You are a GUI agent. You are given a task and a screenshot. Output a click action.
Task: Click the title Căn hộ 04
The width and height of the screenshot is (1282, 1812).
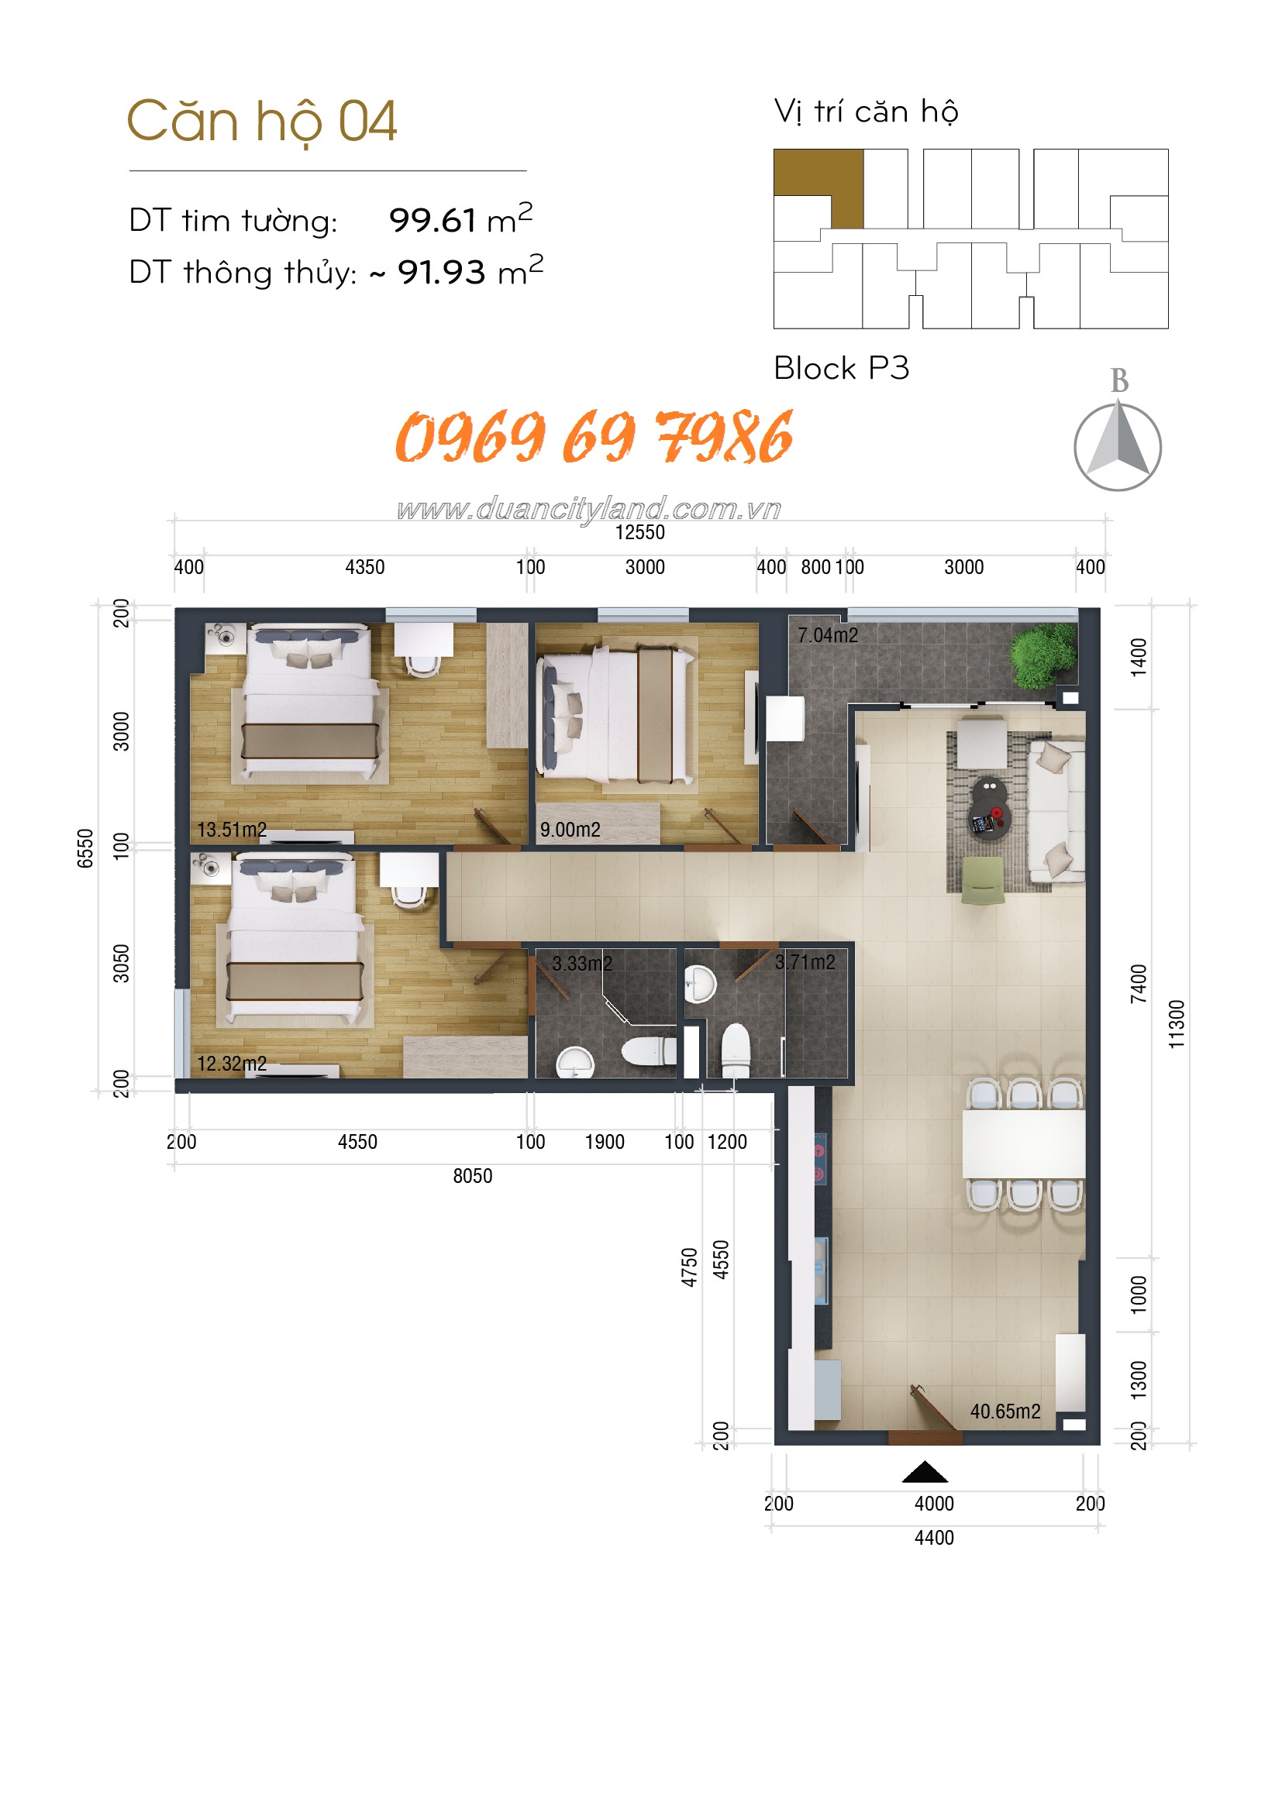pyautogui.click(x=261, y=122)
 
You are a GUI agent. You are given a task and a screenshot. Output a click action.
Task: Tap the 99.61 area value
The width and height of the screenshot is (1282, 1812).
pyautogui.click(x=432, y=220)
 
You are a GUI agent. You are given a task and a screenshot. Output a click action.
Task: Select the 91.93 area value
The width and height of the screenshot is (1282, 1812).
pyautogui.click(x=440, y=272)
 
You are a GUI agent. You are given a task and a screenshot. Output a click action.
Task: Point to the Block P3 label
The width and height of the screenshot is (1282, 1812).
pyautogui.click(x=842, y=368)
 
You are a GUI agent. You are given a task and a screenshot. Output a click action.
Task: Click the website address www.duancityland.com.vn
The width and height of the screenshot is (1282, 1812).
pyautogui.click(x=589, y=508)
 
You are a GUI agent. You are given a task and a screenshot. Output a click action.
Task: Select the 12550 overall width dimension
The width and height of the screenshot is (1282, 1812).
pyautogui.click(x=640, y=533)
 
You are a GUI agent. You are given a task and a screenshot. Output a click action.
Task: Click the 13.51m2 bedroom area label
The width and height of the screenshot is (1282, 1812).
pyautogui.click(x=232, y=830)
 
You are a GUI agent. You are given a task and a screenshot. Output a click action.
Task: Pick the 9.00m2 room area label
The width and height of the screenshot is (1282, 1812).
pyautogui.click(x=570, y=830)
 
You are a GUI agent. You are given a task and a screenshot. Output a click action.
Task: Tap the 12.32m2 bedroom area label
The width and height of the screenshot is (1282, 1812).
pyautogui.click(x=232, y=1064)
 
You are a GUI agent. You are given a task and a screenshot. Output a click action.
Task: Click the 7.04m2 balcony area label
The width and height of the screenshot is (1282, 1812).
pyautogui.click(x=827, y=635)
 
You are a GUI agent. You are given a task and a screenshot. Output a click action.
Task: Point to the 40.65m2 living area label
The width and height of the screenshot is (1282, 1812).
pyautogui.click(x=1005, y=1411)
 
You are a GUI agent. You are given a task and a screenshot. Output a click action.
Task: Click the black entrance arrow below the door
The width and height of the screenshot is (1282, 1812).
pyautogui.click(x=925, y=1472)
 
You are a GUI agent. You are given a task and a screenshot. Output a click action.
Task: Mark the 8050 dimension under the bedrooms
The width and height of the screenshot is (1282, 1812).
pyautogui.click(x=472, y=1176)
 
